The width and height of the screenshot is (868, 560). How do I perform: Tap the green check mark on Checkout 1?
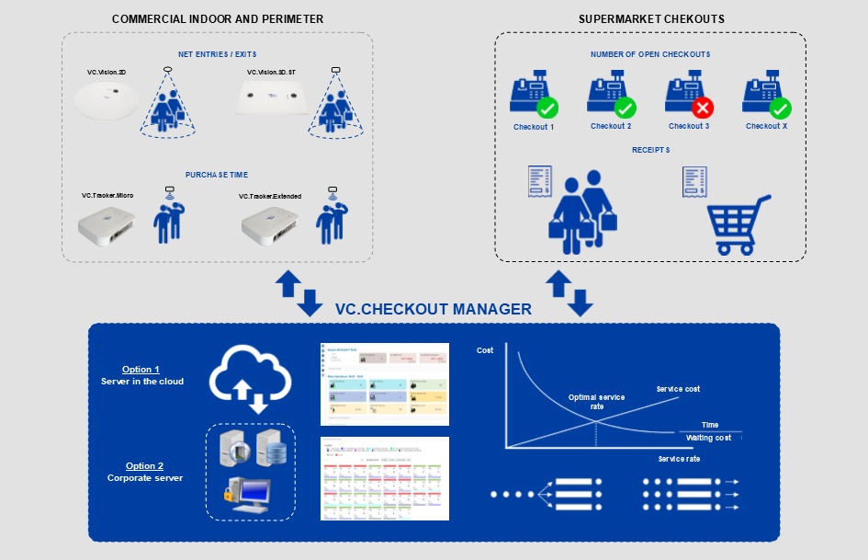[547, 109]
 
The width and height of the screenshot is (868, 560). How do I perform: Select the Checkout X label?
[766, 126]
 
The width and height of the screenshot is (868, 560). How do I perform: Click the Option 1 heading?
[141, 369]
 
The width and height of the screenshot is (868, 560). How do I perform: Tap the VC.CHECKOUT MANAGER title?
[433, 309]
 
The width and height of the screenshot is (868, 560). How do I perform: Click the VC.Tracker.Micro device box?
[108, 223]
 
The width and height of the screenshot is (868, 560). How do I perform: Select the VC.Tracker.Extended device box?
[271, 223]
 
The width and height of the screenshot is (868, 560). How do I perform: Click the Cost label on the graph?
[484, 350]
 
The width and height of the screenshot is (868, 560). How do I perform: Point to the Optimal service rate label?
[596, 402]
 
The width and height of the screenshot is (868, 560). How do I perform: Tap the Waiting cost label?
[708, 438]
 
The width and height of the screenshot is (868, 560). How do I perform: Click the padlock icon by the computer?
[230, 497]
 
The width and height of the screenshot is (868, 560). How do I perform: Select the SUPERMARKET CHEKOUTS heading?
[651, 19]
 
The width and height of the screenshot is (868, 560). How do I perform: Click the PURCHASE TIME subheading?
[217, 175]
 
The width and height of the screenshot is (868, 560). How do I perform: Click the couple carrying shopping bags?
[581, 211]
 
